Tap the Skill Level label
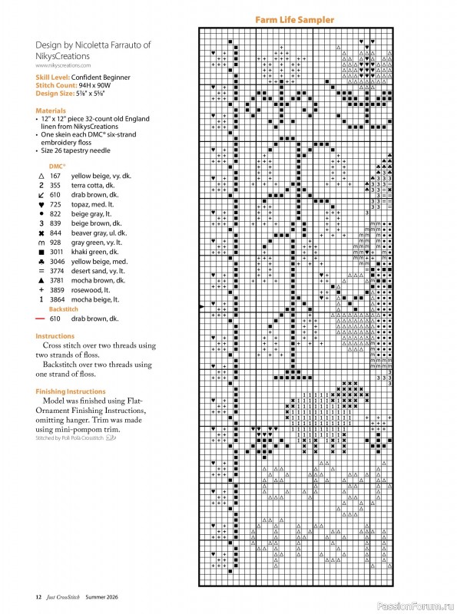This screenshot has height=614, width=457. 57,78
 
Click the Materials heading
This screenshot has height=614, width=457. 50,111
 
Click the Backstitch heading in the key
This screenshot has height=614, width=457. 65,308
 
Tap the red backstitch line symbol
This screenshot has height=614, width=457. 41,318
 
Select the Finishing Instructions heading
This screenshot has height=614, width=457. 71,391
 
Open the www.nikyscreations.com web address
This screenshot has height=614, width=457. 63,66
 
